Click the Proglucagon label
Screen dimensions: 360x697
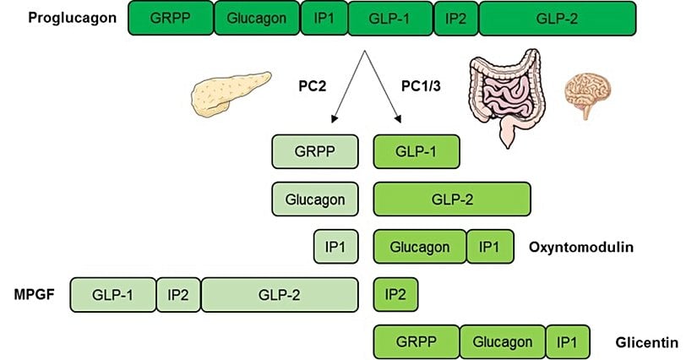(x=61, y=18)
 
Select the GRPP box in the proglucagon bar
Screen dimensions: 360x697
(x=171, y=19)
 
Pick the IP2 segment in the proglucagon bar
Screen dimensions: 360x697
(x=455, y=19)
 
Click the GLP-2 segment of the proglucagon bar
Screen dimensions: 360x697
(x=558, y=19)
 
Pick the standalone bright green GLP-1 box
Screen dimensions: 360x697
(x=417, y=152)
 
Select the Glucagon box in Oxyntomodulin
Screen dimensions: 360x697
(x=420, y=247)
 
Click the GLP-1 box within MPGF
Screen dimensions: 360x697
(x=113, y=294)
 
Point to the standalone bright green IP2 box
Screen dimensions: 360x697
(x=395, y=294)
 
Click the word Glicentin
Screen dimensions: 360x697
(x=647, y=342)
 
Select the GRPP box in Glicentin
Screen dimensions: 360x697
(x=417, y=342)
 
